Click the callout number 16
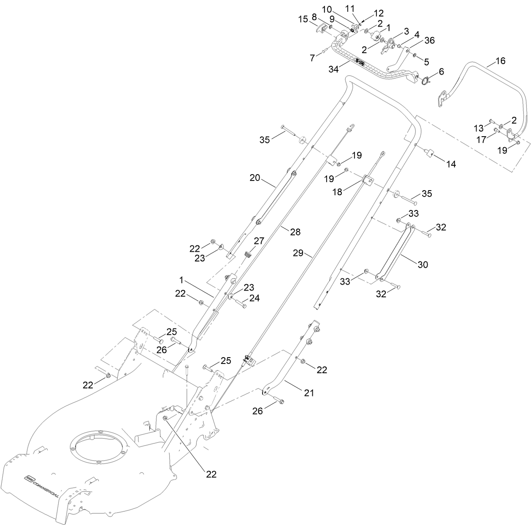coord(500,61)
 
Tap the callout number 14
coord(451,164)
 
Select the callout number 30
coord(423,264)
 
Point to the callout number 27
coord(258,241)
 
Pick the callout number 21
coord(309,393)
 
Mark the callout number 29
coord(298,253)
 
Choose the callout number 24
coord(254,298)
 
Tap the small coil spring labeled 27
coord(248,254)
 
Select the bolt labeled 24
coord(240,303)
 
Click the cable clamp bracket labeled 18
coord(368,180)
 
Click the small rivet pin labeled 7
coord(323,51)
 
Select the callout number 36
coord(429,40)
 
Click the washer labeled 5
coord(415,55)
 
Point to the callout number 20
coord(255,178)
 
